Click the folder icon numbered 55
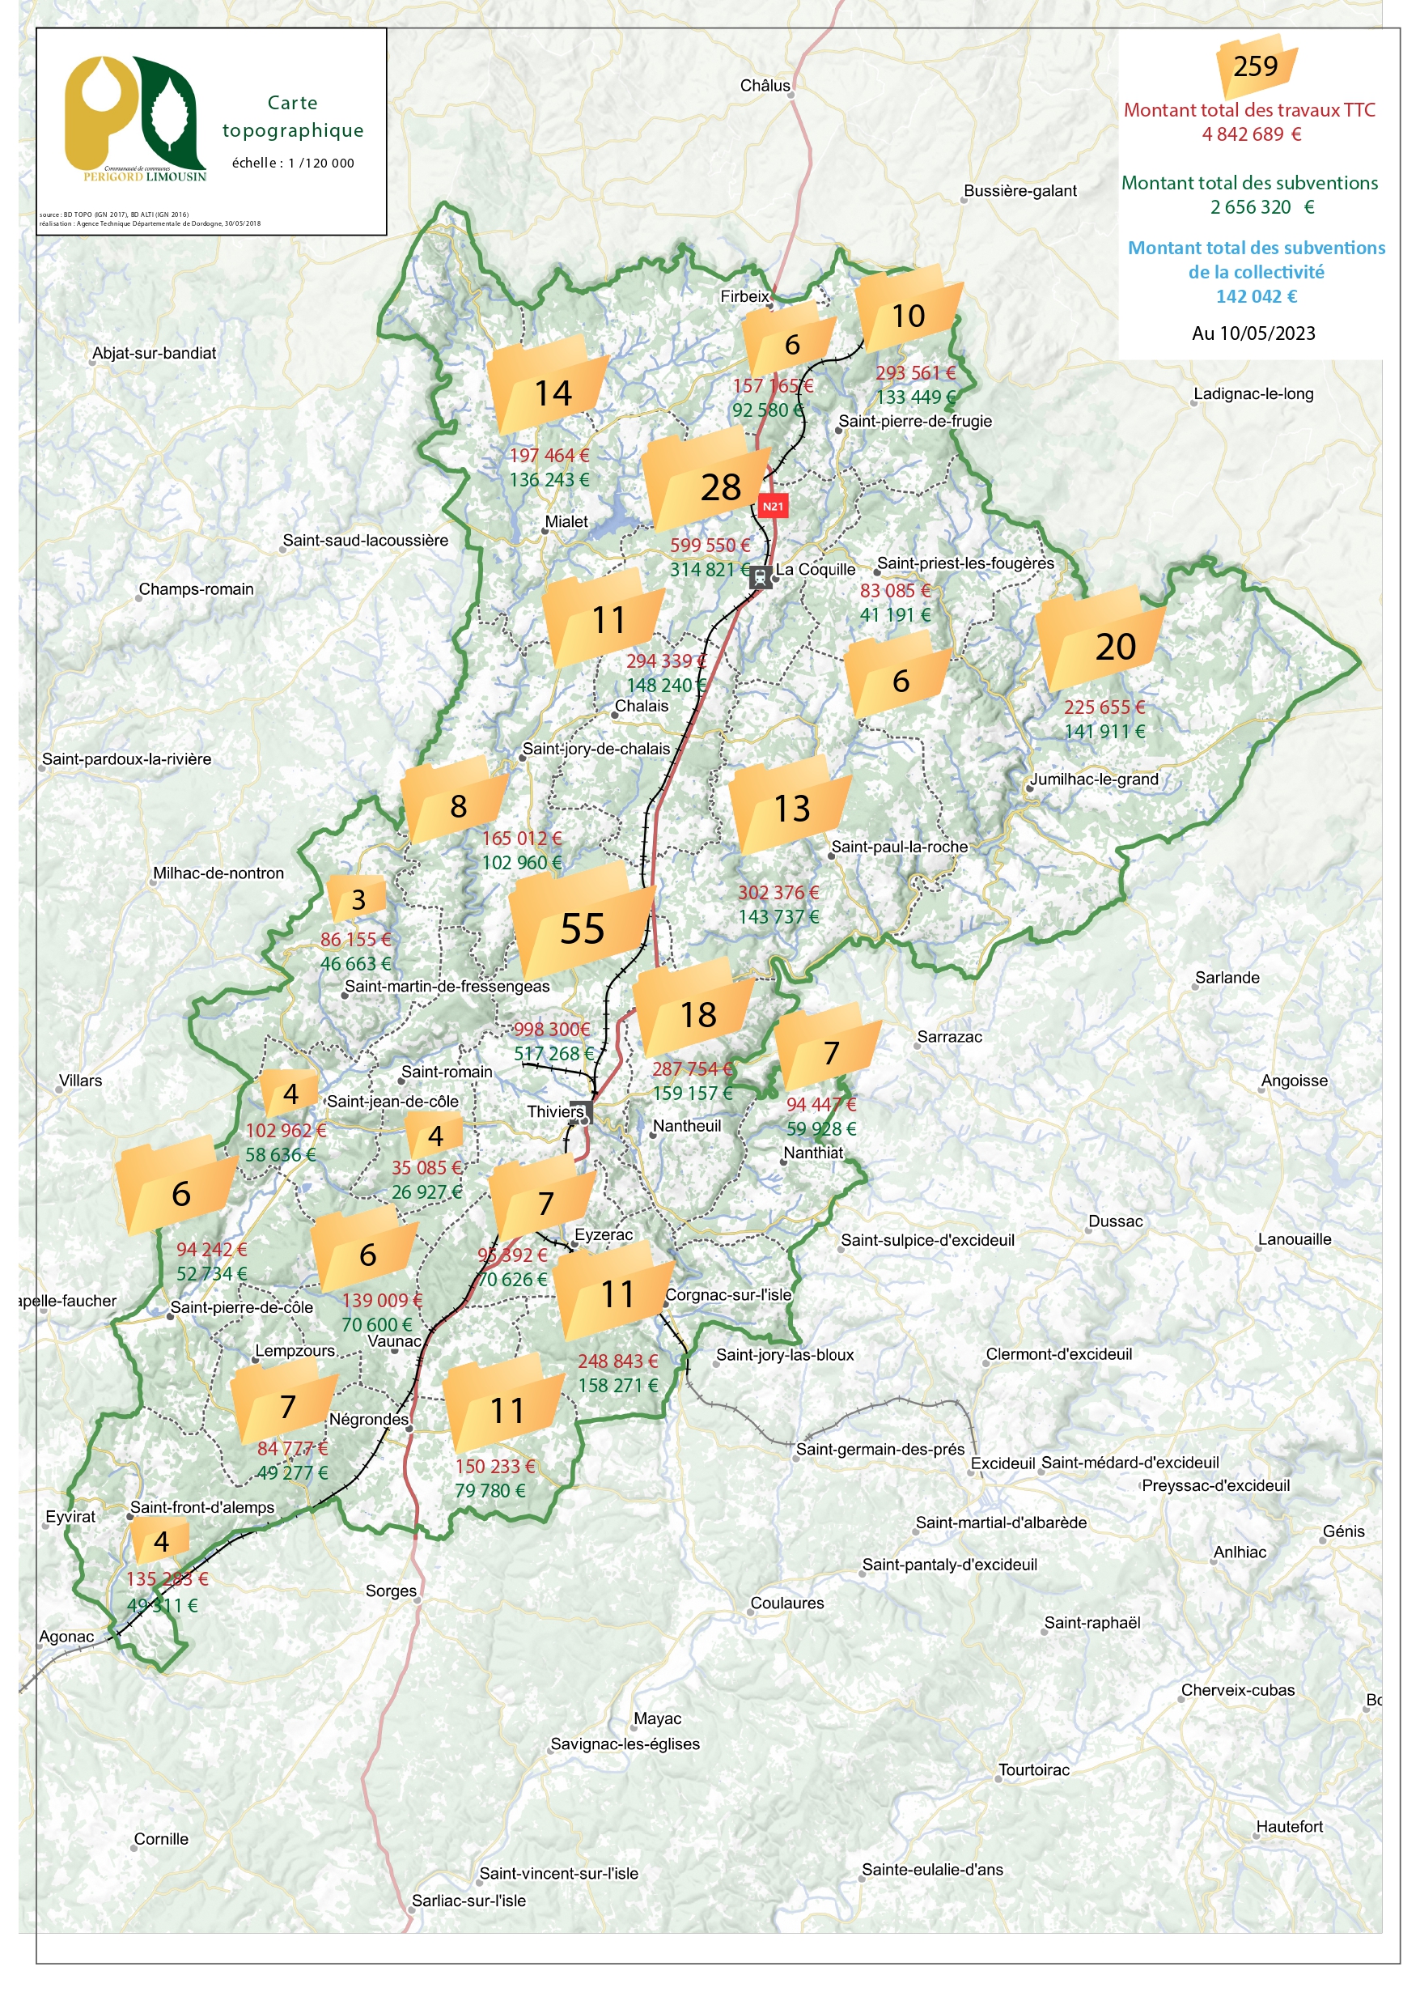coord(582,922)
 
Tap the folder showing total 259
coord(1256,66)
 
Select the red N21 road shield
coord(773,506)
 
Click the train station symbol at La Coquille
coord(761,576)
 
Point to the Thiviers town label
coord(555,1111)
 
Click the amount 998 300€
coord(551,1029)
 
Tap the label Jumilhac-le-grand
coord(1094,779)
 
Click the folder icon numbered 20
coord(1100,639)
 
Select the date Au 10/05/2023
coord(1253,333)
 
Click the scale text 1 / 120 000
coord(321,163)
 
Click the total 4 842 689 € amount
coord(1251,134)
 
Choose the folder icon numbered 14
coord(549,385)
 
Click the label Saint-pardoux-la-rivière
coord(127,758)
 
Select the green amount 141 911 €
coord(1104,731)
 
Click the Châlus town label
coord(765,85)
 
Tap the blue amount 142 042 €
coord(1256,295)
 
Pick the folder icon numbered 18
coord(693,1008)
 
